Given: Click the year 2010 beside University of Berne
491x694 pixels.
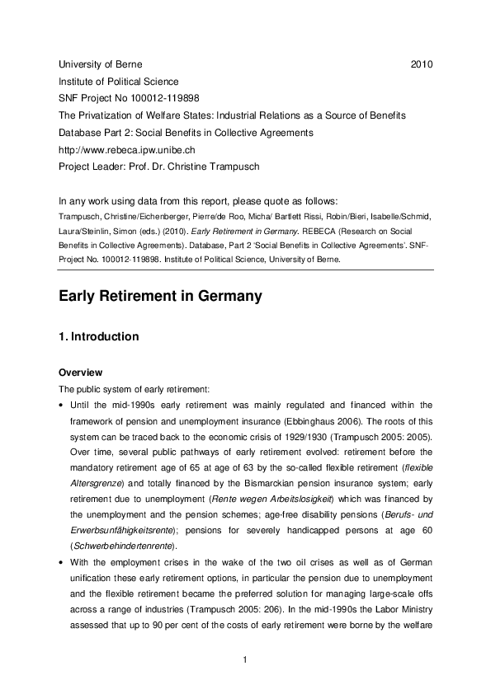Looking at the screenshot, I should pos(422,64).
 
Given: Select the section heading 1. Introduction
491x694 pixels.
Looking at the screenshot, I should pos(98,337).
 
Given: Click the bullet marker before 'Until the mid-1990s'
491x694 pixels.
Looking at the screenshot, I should pos(61,405).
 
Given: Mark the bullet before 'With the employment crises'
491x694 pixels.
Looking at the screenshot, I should pos(61,562).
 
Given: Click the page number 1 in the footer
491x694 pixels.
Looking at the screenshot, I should pos(246,660).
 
